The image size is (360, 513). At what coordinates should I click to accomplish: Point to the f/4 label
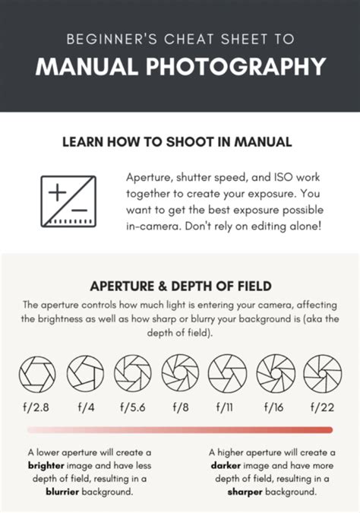click(85, 407)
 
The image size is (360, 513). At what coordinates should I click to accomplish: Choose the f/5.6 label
click(132, 407)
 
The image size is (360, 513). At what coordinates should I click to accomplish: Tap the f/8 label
click(180, 407)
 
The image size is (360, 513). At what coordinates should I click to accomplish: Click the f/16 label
click(274, 407)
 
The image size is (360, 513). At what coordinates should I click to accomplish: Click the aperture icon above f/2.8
click(38, 374)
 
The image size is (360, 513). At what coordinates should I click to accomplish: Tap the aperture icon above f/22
click(322, 374)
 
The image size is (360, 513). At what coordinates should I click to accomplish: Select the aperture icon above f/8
click(180, 374)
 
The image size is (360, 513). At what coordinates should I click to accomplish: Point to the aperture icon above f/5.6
click(132, 374)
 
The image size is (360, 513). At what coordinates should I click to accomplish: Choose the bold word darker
click(226, 464)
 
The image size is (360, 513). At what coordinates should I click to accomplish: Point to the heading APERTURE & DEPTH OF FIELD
click(180, 287)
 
